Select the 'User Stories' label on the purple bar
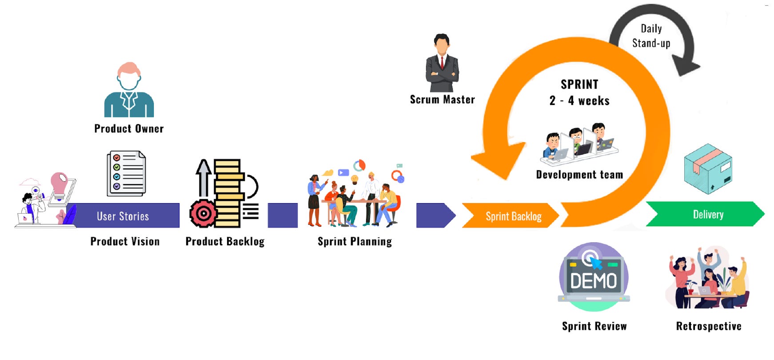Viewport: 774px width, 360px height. (x=123, y=216)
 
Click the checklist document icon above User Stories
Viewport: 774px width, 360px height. (x=126, y=173)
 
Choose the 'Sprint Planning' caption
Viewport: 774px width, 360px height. (x=355, y=241)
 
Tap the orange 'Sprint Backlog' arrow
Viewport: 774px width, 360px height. (x=511, y=216)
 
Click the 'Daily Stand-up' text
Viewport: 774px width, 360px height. (x=651, y=36)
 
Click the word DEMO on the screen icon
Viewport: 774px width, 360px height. (x=594, y=280)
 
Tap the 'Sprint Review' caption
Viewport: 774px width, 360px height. (x=594, y=326)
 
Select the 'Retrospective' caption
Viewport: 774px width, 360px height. (x=709, y=326)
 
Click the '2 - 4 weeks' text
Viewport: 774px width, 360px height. (x=579, y=100)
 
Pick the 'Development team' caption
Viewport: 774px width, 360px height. (x=579, y=175)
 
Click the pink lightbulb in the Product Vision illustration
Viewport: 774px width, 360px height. (x=60, y=182)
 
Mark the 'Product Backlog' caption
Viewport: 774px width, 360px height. (x=225, y=241)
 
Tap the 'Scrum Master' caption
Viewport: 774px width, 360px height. (x=442, y=100)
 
